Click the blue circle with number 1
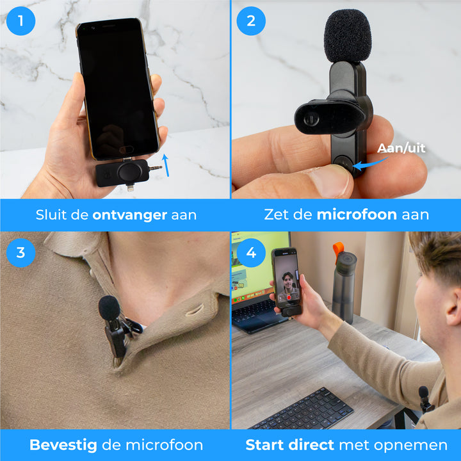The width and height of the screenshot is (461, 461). click(x=20, y=21)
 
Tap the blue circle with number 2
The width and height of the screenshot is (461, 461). click(x=251, y=21)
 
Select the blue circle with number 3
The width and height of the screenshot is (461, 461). click(x=20, y=252)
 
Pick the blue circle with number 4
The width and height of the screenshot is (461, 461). click(x=251, y=252)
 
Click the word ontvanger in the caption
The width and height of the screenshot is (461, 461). click(x=129, y=215)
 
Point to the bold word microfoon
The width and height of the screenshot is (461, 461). click(x=357, y=214)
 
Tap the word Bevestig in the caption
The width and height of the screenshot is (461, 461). click(x=63, y=445)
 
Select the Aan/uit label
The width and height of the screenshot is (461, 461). click(x=401, y=148)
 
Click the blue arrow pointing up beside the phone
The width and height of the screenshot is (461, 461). click(x=166, y=165)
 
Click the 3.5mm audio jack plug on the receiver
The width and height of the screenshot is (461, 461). click(x=155, y=168)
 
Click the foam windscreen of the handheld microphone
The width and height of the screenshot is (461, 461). click(x=348, y=36)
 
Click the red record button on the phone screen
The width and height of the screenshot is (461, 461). click(x=289, y=298)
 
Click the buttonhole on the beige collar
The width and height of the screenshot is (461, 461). click(x=194, y=310)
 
